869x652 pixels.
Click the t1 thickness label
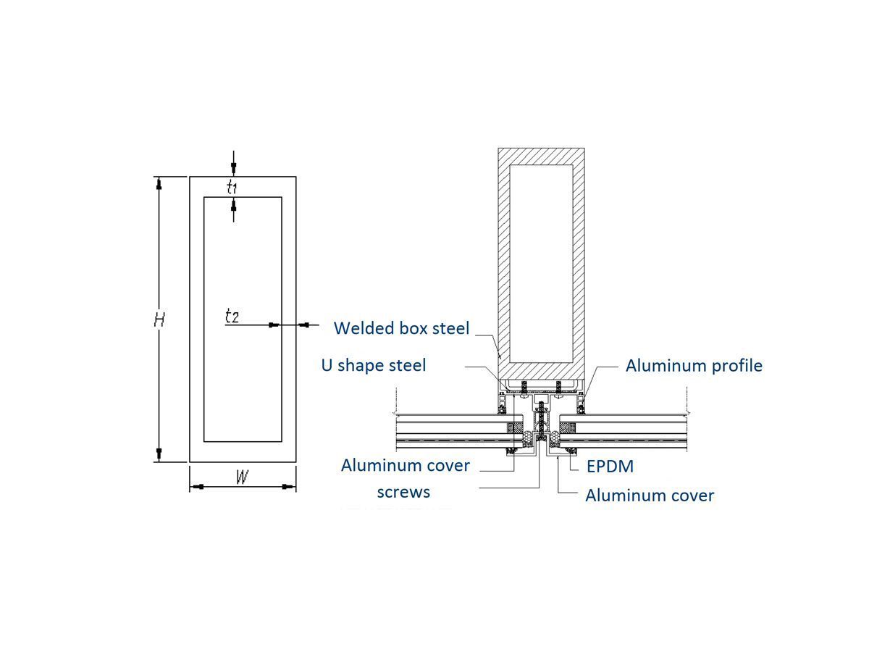pos(232,188)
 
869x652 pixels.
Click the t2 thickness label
pos(232,316)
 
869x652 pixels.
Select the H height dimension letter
pos(160,319)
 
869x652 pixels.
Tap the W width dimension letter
pos(243,477)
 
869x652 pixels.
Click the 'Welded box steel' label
pos(401,328)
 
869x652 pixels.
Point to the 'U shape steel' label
pos(374,365)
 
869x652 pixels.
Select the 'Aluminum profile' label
pos(694,365)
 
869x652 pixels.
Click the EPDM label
pos(610,467)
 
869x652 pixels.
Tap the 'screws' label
pos(403,493)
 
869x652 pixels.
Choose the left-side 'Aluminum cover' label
pos(406,465)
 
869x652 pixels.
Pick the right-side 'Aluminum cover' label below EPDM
pos(650,496)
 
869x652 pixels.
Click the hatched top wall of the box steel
pos(541,156)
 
